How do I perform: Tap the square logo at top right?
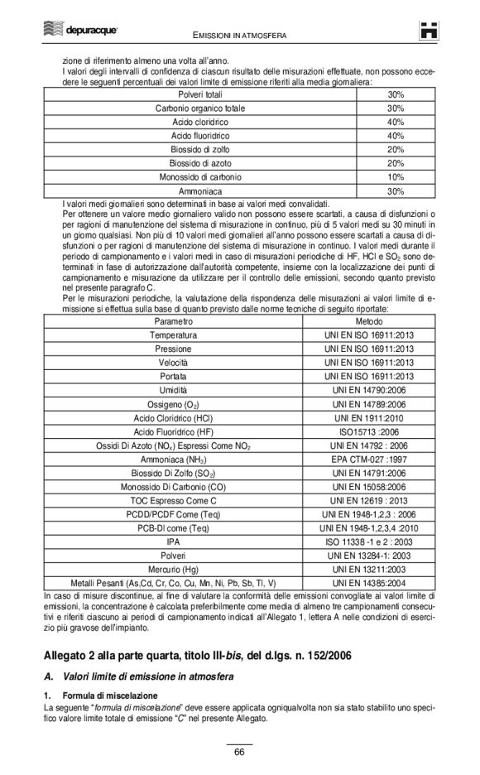[x=427, y=31]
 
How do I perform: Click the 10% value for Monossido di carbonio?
[x=395, y=177]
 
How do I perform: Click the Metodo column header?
[x=368, y=320]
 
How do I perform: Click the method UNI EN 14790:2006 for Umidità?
[x=368, y=389]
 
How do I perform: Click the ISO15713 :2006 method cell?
[x=368, y=431]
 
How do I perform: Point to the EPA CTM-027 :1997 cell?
[x=368, y=459]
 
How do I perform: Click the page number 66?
[x=239, y=753]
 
